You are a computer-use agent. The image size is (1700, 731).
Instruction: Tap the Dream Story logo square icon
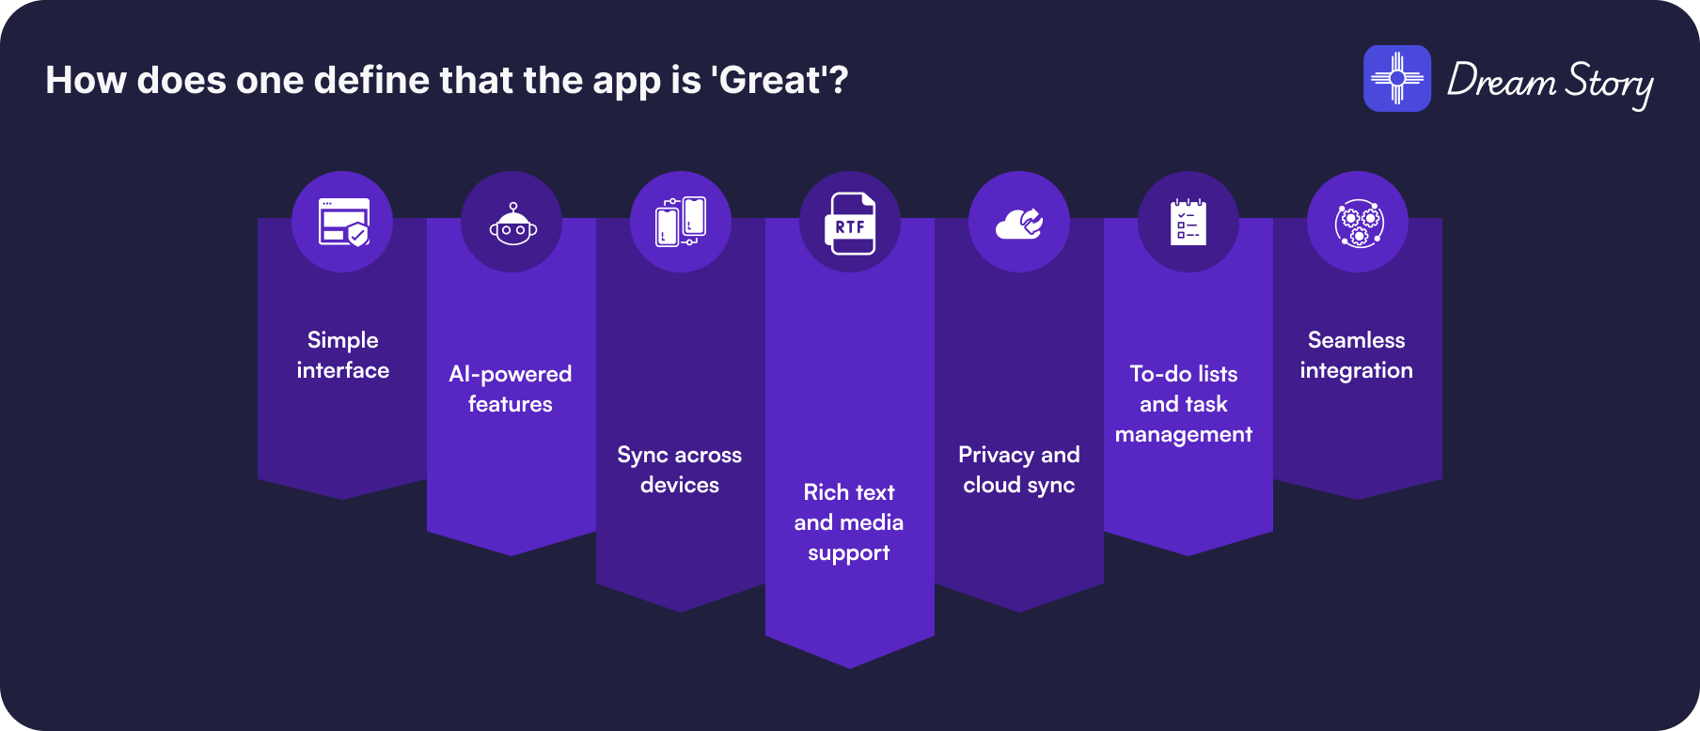1397,79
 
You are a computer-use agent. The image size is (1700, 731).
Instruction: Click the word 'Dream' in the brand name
1502,81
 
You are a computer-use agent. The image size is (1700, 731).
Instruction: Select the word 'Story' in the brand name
1609,84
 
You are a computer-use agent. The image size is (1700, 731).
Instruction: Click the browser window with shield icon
343,222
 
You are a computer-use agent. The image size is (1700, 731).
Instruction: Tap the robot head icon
512,224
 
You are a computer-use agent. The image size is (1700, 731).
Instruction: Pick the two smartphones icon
681,222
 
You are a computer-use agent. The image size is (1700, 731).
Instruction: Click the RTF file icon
850,224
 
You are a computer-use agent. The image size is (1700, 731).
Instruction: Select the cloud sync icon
1019,224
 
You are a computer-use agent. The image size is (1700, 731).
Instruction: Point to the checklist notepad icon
1188,222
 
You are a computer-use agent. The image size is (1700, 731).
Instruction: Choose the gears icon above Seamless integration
1358,224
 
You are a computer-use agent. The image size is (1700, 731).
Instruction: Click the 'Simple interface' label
343,355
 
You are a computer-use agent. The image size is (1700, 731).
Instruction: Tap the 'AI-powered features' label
511,389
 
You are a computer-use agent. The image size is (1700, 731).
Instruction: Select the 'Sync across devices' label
680,470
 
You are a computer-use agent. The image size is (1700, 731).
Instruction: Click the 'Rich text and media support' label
849,522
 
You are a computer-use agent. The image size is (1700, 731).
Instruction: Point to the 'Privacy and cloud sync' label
1019,470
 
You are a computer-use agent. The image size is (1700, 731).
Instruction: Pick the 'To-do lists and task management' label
1184,404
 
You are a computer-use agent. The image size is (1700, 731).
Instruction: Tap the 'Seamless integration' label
1357,355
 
